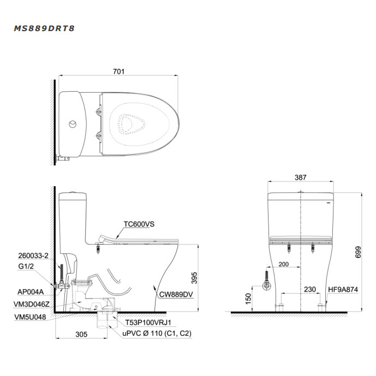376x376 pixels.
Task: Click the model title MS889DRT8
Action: pos(44,28)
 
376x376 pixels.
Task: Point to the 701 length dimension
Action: pos(119,71)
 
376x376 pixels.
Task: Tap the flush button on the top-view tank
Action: pos(73,124)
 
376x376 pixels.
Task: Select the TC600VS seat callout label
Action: pos(139,224)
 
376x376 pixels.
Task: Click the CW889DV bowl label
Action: pos(176,294)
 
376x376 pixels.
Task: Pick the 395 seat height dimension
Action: pos(194,278)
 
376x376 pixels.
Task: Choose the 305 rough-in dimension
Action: pos(81,335)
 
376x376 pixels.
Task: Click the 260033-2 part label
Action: pos(33,255)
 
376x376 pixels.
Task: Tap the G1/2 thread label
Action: pos(26,266)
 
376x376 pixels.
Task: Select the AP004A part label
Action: pos(31,292)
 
